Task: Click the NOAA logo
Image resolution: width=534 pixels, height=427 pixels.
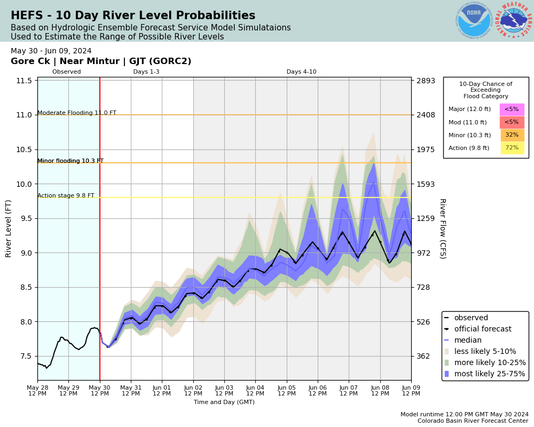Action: [474, 21]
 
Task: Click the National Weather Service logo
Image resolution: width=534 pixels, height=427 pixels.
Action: [514, 21]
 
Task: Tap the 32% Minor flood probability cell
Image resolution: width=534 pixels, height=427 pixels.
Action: [512, 135]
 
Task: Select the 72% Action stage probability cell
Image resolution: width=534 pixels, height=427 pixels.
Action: [512, 148]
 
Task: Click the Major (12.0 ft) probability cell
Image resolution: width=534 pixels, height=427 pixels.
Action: [512, 109]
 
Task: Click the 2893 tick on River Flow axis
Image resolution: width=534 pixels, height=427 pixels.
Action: [426, 81]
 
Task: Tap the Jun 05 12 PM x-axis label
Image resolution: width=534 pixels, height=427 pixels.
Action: [287, 390]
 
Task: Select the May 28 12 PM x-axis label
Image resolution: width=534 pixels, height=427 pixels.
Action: [37, 390]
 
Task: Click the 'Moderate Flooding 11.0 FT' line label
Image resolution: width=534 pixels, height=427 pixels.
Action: [77, 113]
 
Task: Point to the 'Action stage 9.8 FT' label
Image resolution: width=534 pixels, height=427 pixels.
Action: [66, 196]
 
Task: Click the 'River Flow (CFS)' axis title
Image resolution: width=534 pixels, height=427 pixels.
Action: [442, 228]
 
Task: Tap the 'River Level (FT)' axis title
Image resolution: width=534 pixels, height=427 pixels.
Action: [9, 228]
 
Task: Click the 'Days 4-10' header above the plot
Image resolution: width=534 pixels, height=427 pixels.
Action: [301, 72]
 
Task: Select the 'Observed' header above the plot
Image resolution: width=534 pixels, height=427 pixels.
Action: [67, 72]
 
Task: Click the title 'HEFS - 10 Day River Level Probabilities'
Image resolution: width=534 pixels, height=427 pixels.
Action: [133, 16]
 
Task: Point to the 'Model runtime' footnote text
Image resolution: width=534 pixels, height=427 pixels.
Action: [464, 415]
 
